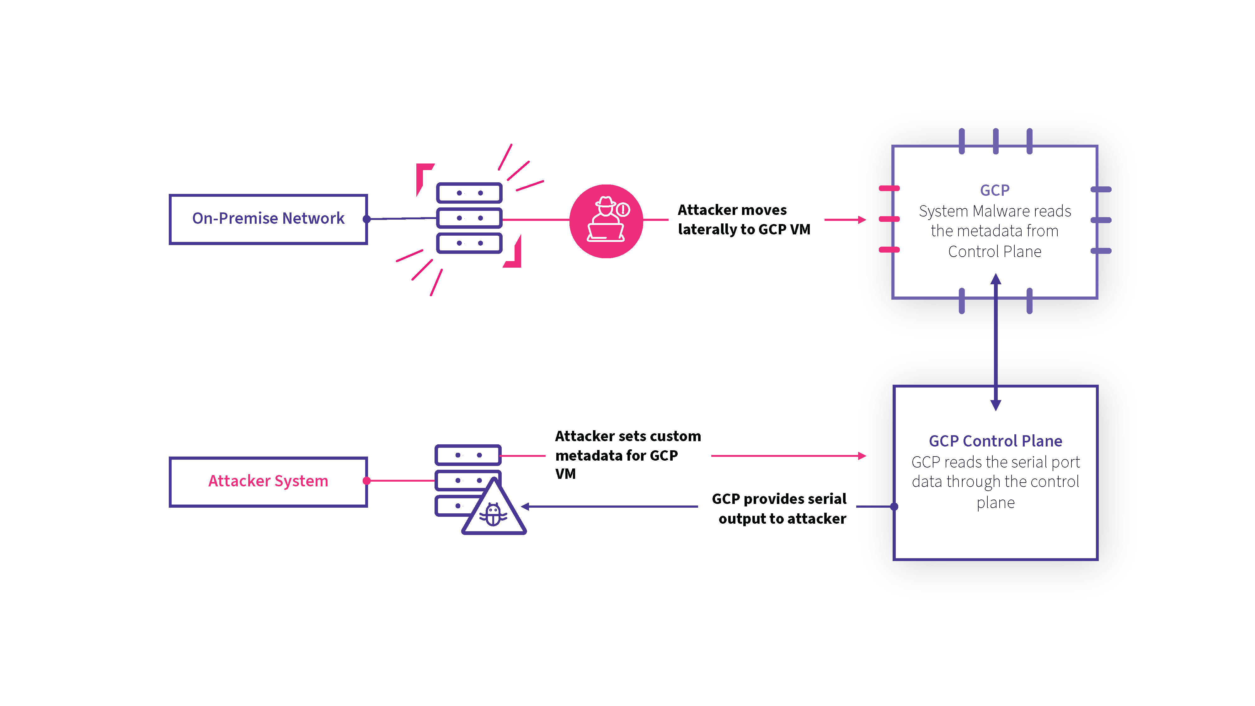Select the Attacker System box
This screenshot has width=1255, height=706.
pyautogui.click(x=268, y=481)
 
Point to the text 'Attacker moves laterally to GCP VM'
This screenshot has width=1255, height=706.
pyautogui.click(x=744, y=220)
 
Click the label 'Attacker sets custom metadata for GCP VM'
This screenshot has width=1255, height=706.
pyautogui.click(x=627, y=455)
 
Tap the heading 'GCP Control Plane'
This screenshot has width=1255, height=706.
pyautogui.click(x=995, y=441)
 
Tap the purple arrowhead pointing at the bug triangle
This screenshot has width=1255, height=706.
pyautogui.click(x=526, y=507)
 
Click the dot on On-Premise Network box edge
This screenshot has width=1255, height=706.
pyautogui.click(x=367, y=219)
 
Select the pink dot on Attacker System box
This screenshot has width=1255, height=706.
pyautogui.click(x=367, y=481)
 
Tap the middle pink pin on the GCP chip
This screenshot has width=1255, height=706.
pyautogui.click(x=889, y=219)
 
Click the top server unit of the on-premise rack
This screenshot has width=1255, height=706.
pyautogui.click(x=469, y=193)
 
